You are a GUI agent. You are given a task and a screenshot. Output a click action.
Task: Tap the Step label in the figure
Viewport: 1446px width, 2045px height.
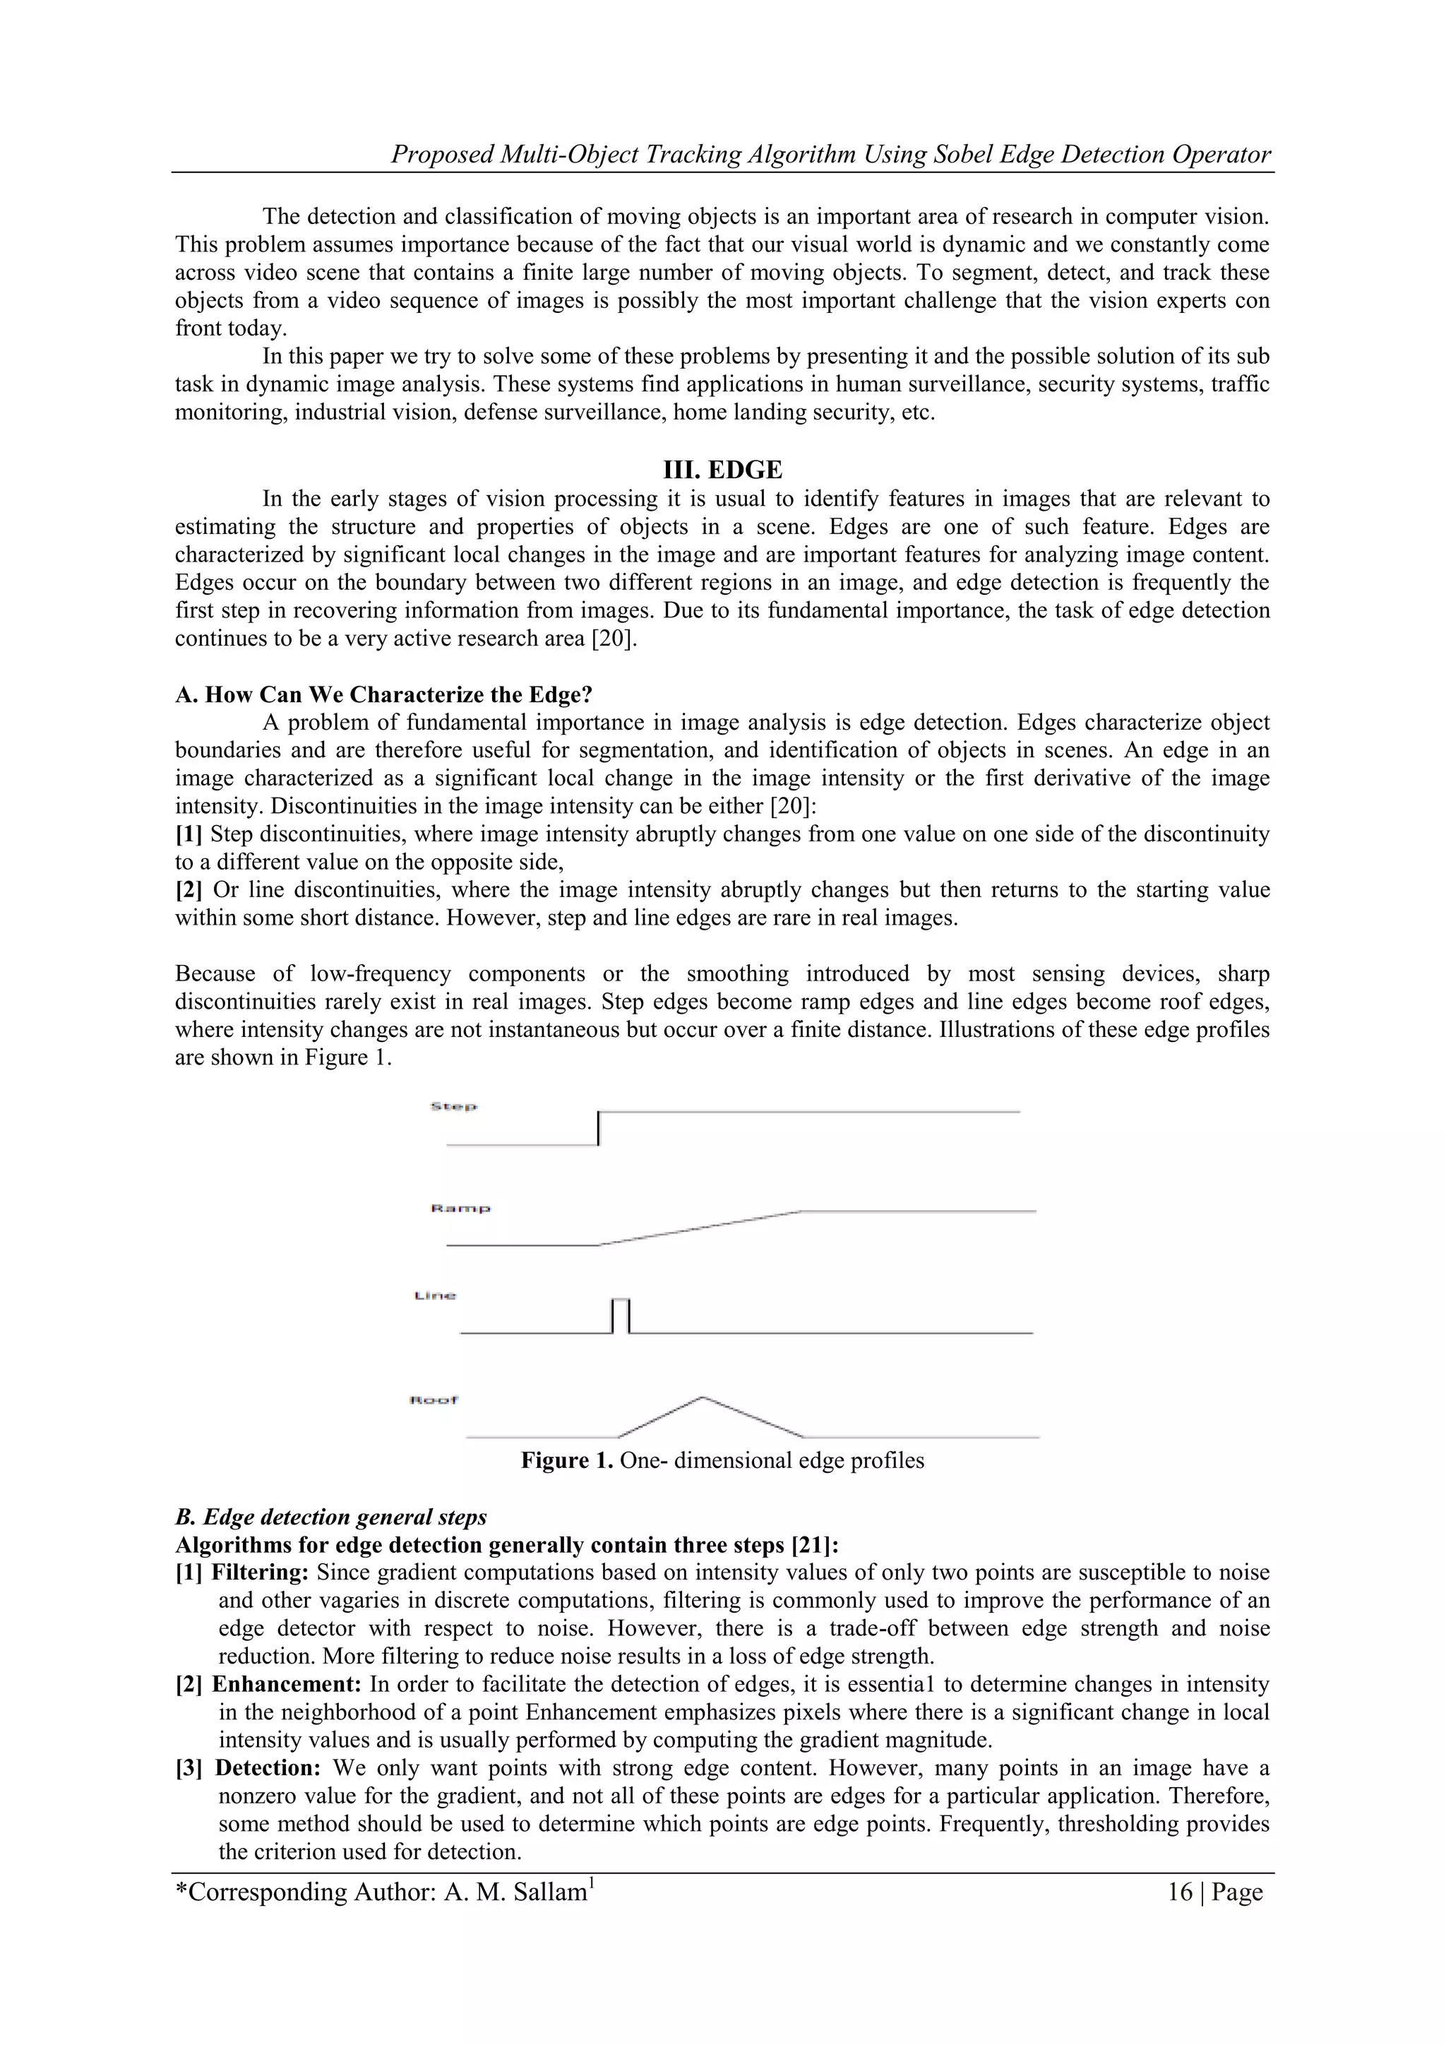click(x=453, y=1106)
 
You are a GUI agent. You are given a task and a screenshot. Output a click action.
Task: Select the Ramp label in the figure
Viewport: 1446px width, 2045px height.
click(x=460, y=1209)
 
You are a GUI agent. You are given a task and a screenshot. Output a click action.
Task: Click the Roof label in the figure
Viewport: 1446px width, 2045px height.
click(x=434, y=1400)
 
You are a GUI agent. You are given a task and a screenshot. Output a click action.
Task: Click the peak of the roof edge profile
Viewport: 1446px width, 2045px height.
click(x=703, y=1397)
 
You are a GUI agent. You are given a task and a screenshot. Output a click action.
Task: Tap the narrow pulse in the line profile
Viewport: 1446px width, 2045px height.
click(x=621, y=1315)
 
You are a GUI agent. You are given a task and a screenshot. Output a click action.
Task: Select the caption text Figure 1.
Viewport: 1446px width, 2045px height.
click(x=566, y=1461)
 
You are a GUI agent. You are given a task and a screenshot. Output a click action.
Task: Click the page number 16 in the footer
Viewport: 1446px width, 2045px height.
click(x=1180, y=1892)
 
